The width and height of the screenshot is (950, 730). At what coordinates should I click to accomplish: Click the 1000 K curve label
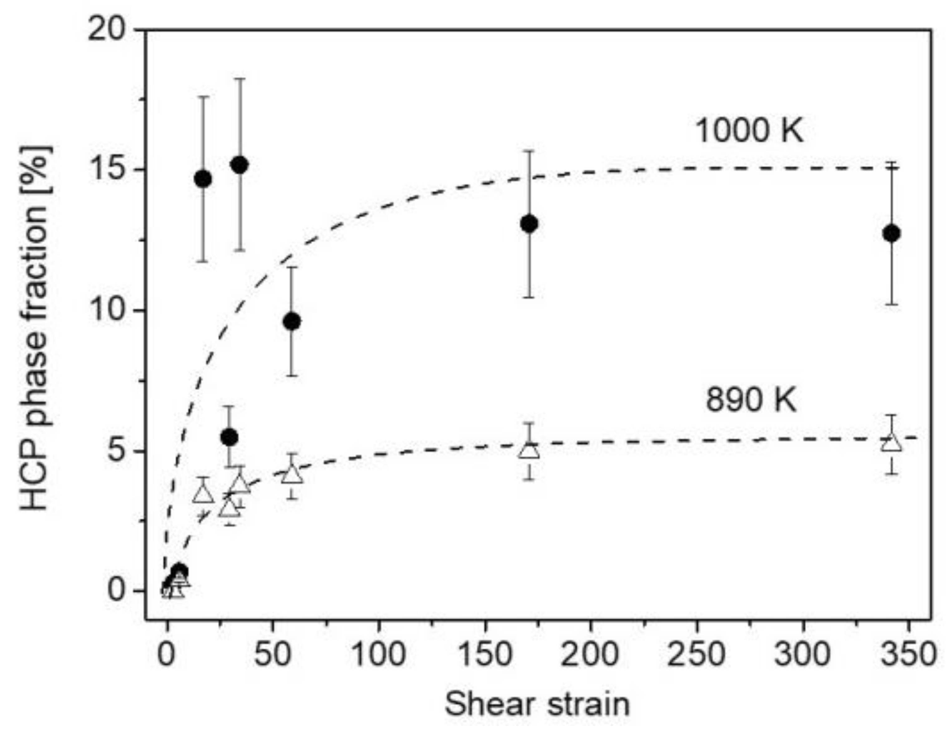click(x=749, y=130)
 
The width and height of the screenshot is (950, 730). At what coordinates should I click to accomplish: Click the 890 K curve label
click(x=751, y=400)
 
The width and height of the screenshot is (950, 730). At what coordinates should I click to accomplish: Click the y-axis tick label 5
click(x=118, y=451)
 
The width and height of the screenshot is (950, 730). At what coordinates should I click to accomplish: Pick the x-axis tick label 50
click(x=272, y=655)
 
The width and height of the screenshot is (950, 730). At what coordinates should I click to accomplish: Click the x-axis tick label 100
click(x=378, y=655)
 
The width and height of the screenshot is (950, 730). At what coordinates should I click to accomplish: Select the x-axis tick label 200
click(x=590, y=655)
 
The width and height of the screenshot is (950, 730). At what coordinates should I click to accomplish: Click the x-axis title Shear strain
click(x=537, y=704)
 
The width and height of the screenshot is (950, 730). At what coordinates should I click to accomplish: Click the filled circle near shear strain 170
click(x=529, y=224)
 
